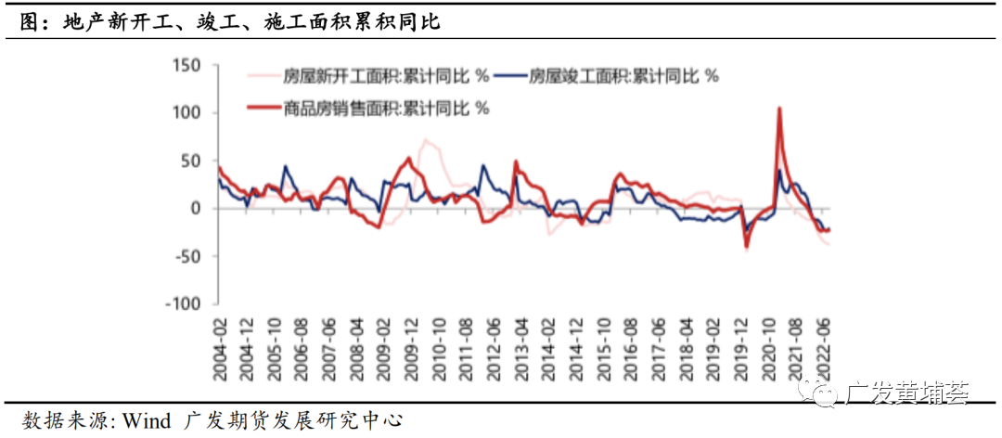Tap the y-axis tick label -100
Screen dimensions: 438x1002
coord(184,303)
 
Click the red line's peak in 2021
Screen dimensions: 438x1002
coord(778,109)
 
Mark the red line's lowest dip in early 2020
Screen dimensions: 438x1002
coord(747,246)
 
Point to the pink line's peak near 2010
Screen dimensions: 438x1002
coord(426,140)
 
